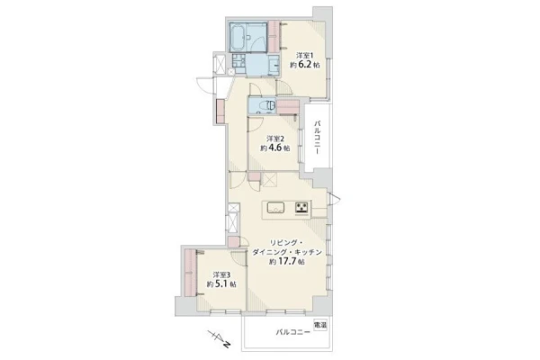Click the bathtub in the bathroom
[238, 37]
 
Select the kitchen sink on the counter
[276, 208]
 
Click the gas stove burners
[302, 208]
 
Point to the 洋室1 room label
[305, 55]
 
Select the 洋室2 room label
[275, 139]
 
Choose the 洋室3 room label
[221, 274]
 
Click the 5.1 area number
[221, 284]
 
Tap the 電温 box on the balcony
[320, 325]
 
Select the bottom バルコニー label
[292, 332]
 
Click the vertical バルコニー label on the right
[318, 138]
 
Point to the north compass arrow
[219, 338]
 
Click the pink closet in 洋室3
[190, 273]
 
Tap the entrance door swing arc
[204, 85]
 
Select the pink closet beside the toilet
[288, 107]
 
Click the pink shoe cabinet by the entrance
[220, 112]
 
